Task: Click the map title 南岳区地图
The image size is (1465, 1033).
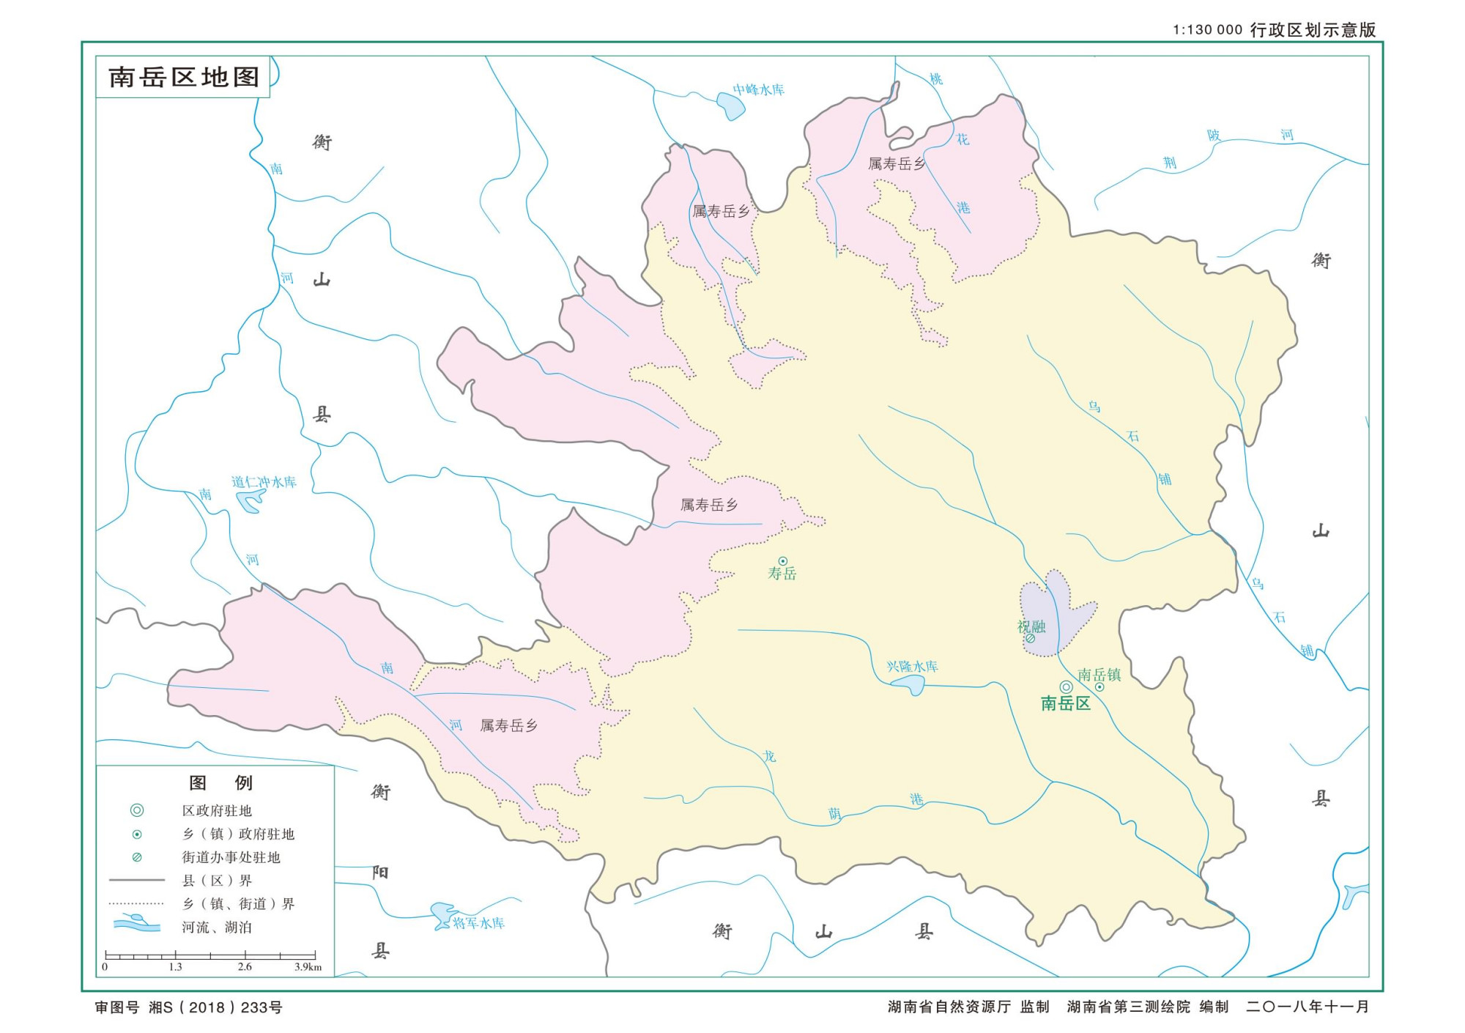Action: click(x=184, y=77)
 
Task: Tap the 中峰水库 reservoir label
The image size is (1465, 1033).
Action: click(x=759, y=89)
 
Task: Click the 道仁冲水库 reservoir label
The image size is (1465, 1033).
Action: click(x=264, y=481)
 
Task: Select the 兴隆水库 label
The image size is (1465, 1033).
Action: click(x=912, y=666)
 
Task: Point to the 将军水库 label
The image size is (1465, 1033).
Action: click(x=478, y=923)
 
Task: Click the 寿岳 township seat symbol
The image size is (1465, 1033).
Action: click(x=782, y=561)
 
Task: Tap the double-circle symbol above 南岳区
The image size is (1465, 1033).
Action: click(x=1066, y=686)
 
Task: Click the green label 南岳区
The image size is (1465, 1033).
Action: click(x=1066, y=703)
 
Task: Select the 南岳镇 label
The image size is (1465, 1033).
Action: click(x=1099, y=675)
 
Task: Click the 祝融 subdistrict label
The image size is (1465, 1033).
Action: click(x=1031, y=626)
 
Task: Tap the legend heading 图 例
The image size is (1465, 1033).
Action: click(x=220, y=783)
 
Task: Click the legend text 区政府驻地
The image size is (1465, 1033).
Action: click(x=217, y=810)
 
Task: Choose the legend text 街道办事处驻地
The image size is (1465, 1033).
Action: click(x=231, y=857)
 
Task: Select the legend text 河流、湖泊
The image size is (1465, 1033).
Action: click(x=217, y=927)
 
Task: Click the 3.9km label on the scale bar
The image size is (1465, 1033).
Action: click(x=308, y=967)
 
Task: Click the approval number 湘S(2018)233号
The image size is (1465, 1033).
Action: click(x=215, y=1007)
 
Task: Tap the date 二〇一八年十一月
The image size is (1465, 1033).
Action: click(x=1307, y=1007)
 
